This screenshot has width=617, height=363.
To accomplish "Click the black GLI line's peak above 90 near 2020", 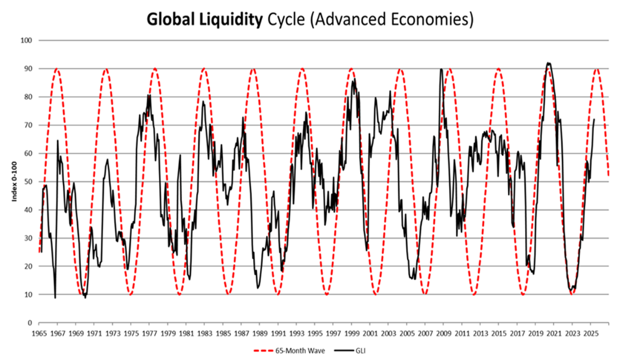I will (549, 63).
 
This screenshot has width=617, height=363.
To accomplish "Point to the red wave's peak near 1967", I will (57, 69).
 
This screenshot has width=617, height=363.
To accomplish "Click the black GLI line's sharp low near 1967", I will (55, 298).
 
